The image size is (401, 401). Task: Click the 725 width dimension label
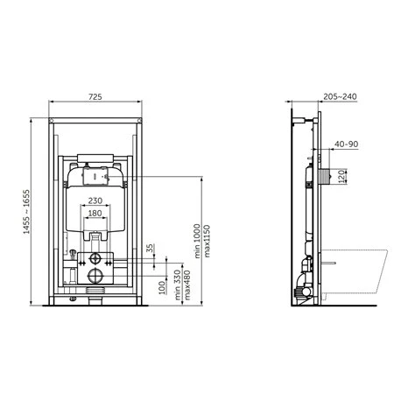[95, 96]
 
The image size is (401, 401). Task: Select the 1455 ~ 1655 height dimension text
[26, 212]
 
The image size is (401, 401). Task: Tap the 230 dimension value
[95, 200]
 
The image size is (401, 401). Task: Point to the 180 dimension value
[95, 214]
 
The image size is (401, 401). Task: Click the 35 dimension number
[150, 248]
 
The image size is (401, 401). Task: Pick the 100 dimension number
[162, 287]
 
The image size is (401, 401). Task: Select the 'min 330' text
[178, 285]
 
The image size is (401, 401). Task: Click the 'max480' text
[187, 285]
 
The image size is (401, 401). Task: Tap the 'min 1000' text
[197, 241]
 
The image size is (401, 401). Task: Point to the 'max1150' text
[207, 241]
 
